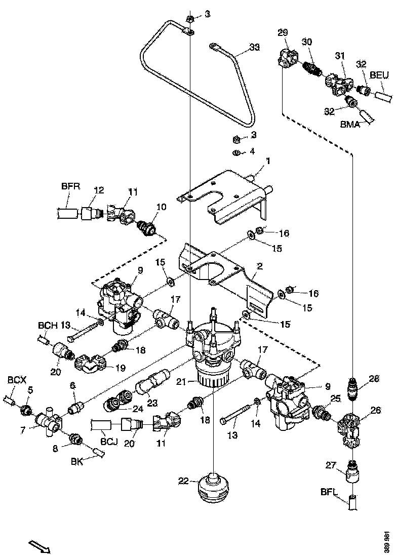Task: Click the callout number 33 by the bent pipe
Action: click(x=255, y=49)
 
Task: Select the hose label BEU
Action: click(x=379, y=75)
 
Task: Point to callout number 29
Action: click(x=283, y=33)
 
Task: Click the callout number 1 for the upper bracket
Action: click(x=268, y=161)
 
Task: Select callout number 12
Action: click(x=99, y=190)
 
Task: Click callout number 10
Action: click(x=161, y=207)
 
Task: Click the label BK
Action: click(x=77, y=462)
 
